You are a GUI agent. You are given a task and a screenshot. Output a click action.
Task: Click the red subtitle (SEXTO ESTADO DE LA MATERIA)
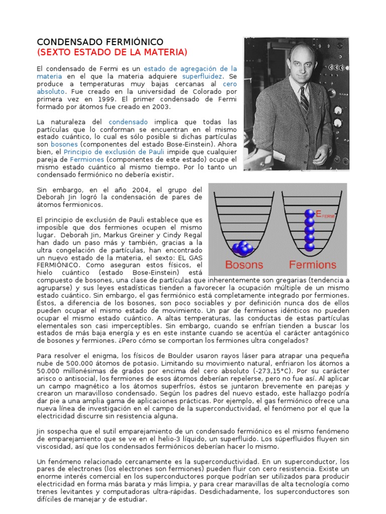click(112, 52)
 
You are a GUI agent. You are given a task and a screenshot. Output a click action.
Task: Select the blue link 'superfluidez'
click(203, 76)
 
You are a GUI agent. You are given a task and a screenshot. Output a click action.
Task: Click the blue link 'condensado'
click(128, 122)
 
